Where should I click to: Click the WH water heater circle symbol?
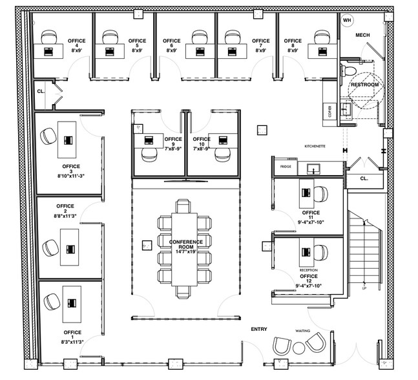[347, 21]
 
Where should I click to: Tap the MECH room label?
[362, 34]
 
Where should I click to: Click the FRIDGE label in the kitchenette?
[286, 167]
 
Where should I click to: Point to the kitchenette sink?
[315, 169]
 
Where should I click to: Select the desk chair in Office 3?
[48, 136]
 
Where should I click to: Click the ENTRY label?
[258, 330]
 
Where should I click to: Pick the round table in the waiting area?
[299, 348]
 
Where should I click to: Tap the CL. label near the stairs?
[363, 178]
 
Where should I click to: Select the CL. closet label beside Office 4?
[40, 92]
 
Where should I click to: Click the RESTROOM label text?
[364, 85]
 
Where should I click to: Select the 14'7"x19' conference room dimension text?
[187, 249]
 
